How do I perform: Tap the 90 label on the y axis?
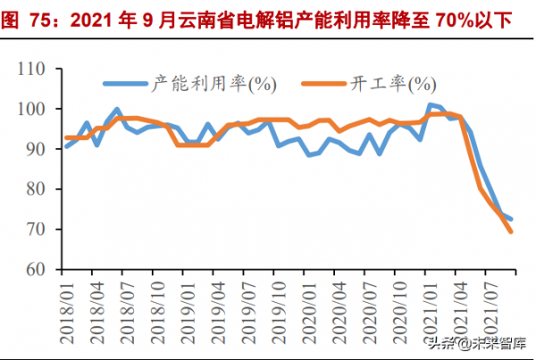[37, 149]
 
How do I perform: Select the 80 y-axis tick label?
[37, 189]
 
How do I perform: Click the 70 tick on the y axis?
[37, 230]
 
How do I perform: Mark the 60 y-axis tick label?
[37, 269]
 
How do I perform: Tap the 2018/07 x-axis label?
[127, 308]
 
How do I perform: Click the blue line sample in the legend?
[125, 84]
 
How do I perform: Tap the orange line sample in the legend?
[326, 84]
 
